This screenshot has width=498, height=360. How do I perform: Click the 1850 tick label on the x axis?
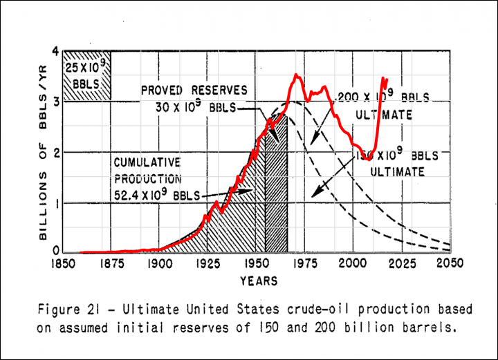(62, 263)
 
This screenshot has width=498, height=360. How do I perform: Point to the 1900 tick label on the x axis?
(159, 263)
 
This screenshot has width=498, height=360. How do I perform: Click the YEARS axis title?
(258, 281)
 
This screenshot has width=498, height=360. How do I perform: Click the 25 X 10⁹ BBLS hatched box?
(87, 76)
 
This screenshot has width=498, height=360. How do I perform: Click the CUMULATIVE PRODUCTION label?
(147, 171)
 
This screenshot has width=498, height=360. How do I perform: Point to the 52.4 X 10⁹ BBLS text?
(158, 195)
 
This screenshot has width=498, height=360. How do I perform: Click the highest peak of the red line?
(296, 75)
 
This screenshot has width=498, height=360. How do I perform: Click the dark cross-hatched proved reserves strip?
(276, 187)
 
